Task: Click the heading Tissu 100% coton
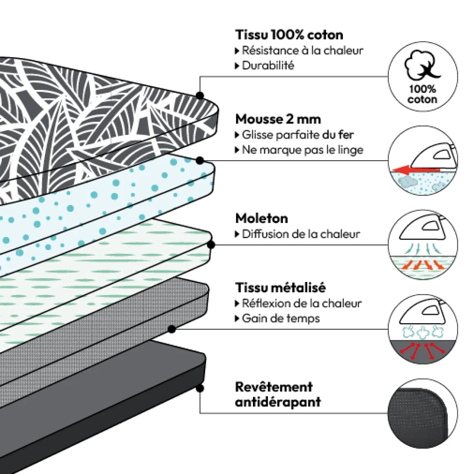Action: click(x=289, y=35)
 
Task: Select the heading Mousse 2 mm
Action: click(x=278, y=119)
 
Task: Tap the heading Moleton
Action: click(x=262, y=218)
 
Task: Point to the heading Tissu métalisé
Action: click(x=281, y=288)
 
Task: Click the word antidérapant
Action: click(x=278, y=402)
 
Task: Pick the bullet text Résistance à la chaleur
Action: click(x=303, y=51)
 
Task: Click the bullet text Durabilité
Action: click(x=268, y=66)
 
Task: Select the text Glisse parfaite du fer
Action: click(x=298, y=135)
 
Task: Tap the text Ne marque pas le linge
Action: click(x=303, y=150)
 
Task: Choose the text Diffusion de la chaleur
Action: click(x=301, y=234)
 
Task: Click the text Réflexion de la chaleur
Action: click(x=302, y=303)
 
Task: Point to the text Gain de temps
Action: click(x=281, y=318)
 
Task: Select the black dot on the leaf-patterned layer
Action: click(x=200, y=96)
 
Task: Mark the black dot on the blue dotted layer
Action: click(x=199, y=161)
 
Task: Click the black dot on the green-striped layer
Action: click(x=211, y=244)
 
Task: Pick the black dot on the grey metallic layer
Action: click(x=172, y=329)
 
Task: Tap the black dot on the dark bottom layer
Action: click(x=200, y=388)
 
